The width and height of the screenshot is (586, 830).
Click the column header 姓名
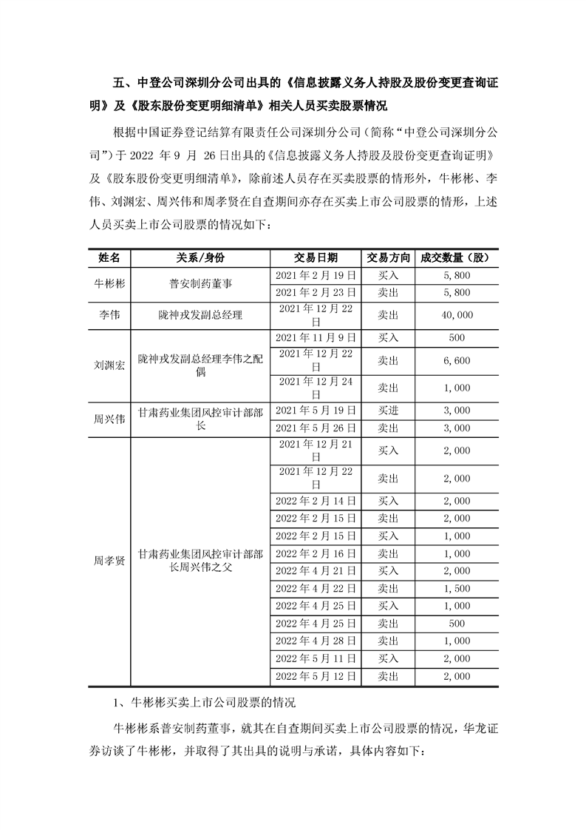coord(109,257)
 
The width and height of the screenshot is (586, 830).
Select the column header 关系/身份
coord(200,257)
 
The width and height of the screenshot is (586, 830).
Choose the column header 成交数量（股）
coord(455,257)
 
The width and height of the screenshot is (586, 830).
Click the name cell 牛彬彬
coord(109,284)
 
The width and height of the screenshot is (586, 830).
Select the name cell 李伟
coord(109,315)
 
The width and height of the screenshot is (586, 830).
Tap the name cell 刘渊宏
coord(109,365)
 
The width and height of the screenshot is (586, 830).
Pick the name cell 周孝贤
coord(109,560)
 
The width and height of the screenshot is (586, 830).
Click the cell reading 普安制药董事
coord(200,284)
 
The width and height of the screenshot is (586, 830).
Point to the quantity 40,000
coord(457,315)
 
